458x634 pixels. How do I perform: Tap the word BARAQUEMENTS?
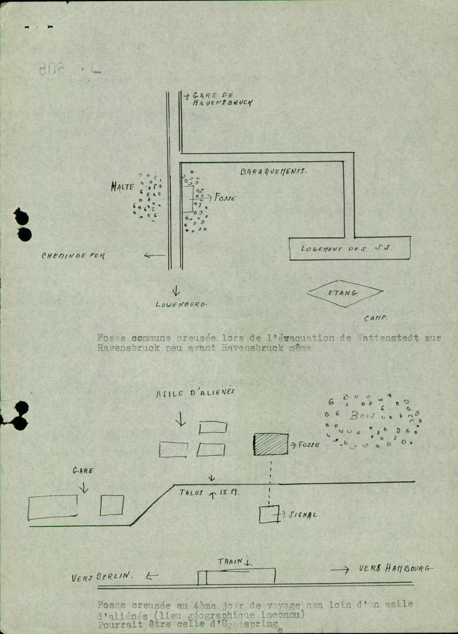273,172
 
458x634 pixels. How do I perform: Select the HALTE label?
122,187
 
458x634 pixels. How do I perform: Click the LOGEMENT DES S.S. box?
349,248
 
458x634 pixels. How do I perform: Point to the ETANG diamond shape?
344,292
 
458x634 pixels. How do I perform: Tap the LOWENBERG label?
181,304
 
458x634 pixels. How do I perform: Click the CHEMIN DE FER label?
73,255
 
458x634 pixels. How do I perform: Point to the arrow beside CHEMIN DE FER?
154,255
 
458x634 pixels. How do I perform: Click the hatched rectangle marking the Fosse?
271,444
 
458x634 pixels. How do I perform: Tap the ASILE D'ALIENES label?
195,393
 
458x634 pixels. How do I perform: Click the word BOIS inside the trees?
362,416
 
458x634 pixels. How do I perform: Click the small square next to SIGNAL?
269,514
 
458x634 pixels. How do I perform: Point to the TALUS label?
191,493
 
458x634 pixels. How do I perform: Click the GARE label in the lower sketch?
83,470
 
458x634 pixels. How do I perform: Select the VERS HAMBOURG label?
395,568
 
